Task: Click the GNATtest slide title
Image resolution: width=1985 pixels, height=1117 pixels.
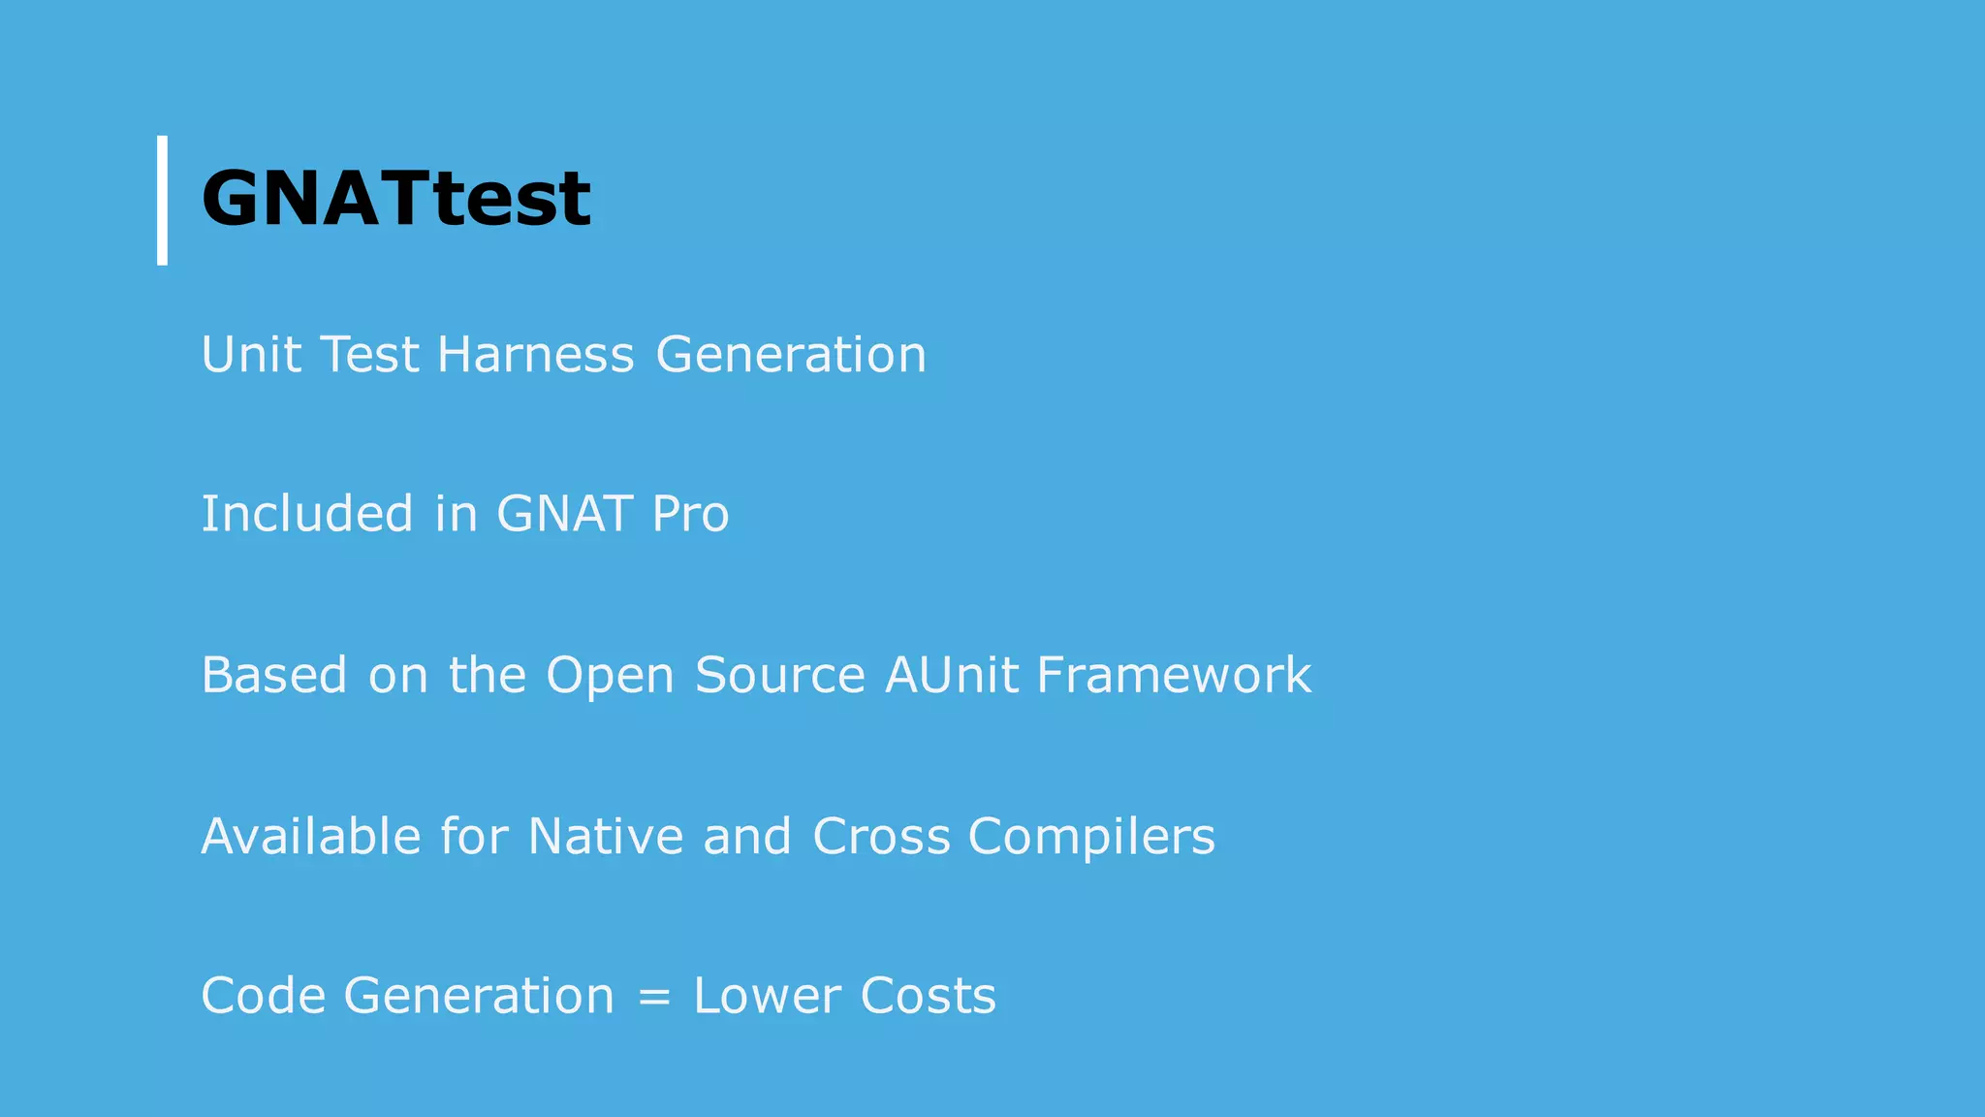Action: pos(395,199)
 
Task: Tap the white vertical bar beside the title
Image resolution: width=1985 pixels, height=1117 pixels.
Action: pos(162,200)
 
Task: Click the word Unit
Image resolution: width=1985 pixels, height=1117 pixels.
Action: pos(250,354)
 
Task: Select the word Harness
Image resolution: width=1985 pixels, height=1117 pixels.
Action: pos(535,354)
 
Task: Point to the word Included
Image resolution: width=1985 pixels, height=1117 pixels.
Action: pos(306,513)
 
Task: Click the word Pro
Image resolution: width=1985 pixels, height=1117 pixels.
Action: pos(690,513)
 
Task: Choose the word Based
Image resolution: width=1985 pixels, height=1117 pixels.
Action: pos(274,675)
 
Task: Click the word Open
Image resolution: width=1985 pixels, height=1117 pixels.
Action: pos(610,677)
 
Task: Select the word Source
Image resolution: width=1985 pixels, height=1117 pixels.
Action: pos(779,675)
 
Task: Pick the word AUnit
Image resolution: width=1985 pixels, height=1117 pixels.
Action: pos(951,675)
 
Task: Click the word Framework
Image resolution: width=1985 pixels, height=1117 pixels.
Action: pos(1174,675)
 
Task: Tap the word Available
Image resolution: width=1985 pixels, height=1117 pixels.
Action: pos(311,836)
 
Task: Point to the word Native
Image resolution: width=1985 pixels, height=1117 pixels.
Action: pos(606,836)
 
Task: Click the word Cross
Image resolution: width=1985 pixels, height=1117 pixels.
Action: pos(881,836)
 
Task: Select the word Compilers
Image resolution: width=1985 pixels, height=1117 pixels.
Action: pos(1091,838)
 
